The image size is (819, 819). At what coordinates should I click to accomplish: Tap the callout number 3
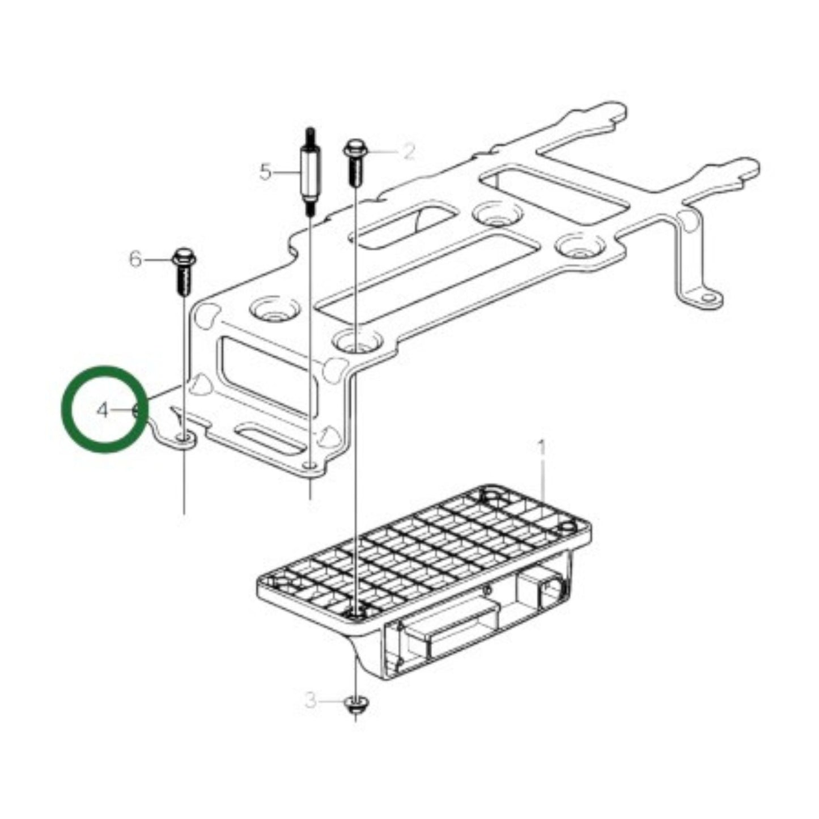click(311, 701)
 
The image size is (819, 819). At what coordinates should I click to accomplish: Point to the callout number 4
click(102, 410)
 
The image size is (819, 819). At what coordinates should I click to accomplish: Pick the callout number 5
click(265, 171)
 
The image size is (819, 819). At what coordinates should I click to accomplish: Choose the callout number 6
click(135, 260)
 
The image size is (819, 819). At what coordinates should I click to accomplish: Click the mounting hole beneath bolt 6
click(183, 439)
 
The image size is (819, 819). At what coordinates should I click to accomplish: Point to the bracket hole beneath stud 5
click(310, 466)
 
